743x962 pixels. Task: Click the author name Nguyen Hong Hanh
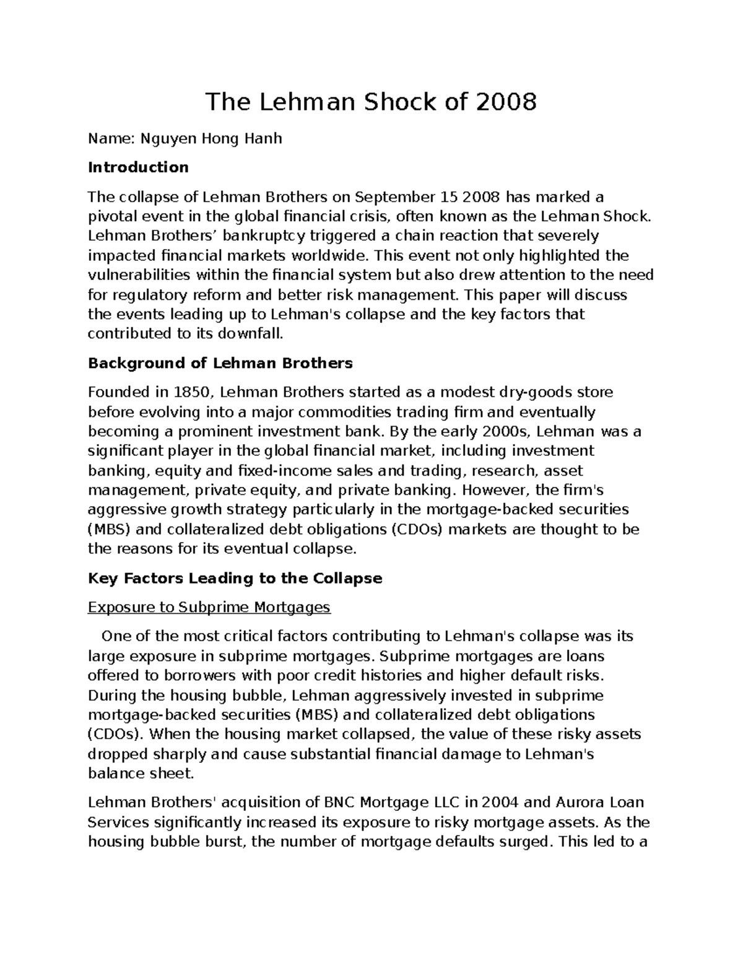pyautogui.click(x=211, y=138)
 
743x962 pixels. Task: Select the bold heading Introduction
pyautogui.click(x=138, y=167)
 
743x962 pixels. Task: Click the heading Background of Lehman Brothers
pyautogui.click(x=220, y=363)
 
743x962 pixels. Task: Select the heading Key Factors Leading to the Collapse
pyautogui.click(x=235, y=579)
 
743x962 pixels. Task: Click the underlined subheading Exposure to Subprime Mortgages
pyautogui.click(x=209, y=607)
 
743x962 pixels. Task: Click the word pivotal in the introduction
pyautogui.click(x=111, y=217)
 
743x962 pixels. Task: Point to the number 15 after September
pyautogui.click(x=448, y=197)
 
